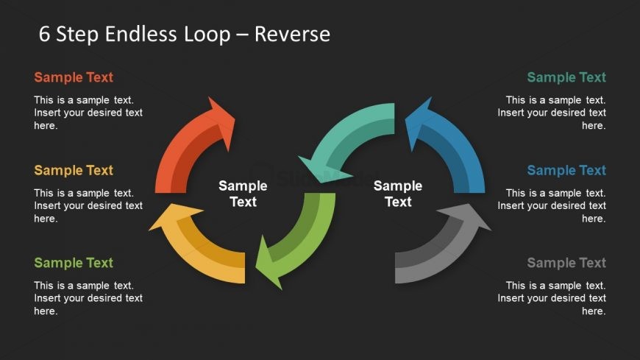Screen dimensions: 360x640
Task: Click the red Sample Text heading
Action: (74, 77)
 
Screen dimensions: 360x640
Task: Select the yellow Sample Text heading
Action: (74, 170)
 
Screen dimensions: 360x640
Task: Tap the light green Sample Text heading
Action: (74, 263)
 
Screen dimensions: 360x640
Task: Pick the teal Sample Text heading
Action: (566, 77)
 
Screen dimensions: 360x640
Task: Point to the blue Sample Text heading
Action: (566, 170)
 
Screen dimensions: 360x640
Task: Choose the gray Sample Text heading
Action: (566, 263)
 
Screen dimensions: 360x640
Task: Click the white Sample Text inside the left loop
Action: (243, 194)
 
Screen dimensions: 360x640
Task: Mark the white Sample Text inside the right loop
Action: (398, 194)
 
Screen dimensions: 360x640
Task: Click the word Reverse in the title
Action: (292, 34)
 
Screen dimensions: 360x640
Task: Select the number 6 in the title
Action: (44, 34)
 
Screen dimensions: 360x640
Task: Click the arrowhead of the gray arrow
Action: (474, 218)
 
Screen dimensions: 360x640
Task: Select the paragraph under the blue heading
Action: (552, 205)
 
